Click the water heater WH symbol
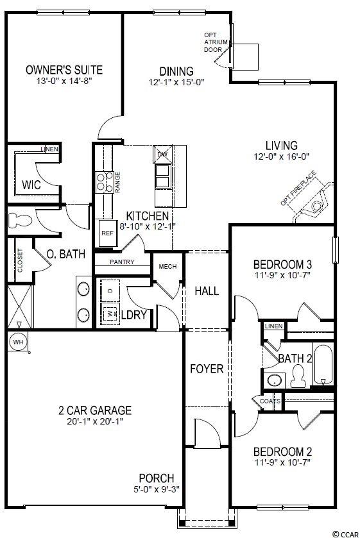[18, 342]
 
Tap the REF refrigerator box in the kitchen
[108, 233]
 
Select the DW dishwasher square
[162, 154]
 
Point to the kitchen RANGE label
[117, 182]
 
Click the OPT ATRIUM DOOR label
[216, 42]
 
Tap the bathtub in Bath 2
[323, 364]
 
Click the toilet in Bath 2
[298, 376]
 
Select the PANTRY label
[122, 262]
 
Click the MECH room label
[167, 266]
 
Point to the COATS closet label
[270, 401]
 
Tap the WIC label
[31, 185]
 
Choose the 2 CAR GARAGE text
[95, 410]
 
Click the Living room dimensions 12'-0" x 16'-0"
[282, 157]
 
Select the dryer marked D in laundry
[110, 290]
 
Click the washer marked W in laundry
[110, 314]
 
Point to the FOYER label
[207, 369]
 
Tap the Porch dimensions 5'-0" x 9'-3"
[157, 489]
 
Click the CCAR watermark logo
[346, 534]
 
